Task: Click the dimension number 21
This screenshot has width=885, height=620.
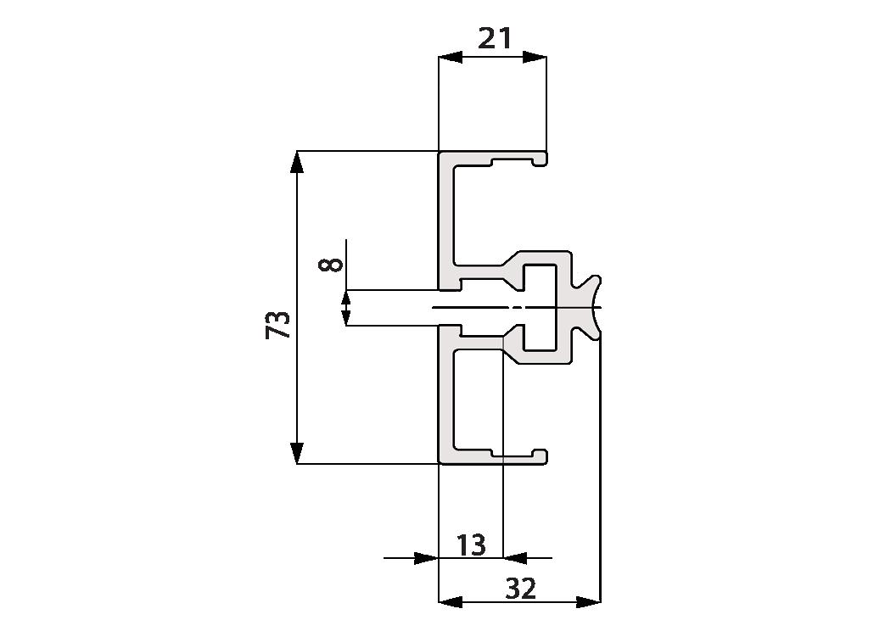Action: pos(495,39)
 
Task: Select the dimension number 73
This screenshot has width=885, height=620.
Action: pos(277,324)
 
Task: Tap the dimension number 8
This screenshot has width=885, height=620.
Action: pos(331,265)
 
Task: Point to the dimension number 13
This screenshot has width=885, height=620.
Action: pos(471,545)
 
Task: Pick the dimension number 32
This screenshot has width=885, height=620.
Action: pos(520,589)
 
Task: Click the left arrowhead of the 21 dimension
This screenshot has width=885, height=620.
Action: pos(451,57)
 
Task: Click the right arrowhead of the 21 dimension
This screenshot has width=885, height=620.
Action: pos(535,57)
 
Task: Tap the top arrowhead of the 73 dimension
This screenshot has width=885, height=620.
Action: pos(297,162)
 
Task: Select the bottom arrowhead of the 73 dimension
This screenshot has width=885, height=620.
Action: pos(297,453)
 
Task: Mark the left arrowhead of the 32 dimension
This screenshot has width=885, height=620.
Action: pos(451,602)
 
